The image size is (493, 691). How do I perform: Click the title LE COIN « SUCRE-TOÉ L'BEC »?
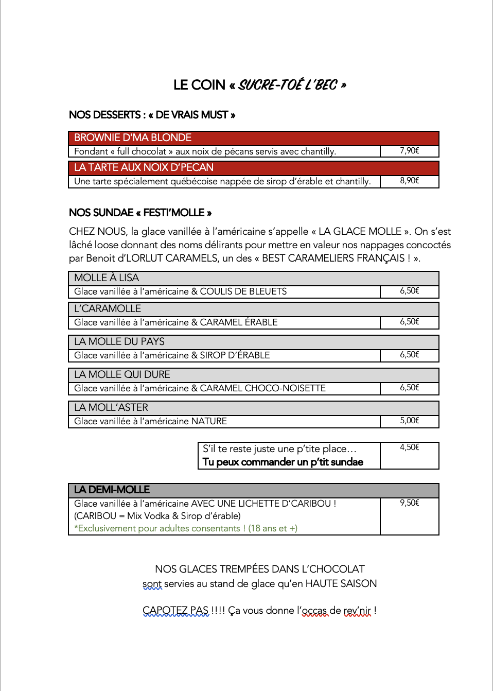tap(259, 85)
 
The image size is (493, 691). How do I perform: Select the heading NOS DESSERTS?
tap(104, 115)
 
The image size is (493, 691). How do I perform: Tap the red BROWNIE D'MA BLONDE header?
tap(133, 138)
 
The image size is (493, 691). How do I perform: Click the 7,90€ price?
tap(410, 151)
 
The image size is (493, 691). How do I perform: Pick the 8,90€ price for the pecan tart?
tap(410, 181)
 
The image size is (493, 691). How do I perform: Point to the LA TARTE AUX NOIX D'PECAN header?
tap(144, 168)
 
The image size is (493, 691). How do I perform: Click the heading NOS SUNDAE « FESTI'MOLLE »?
tap(140, 213)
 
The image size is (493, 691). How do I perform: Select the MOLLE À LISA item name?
tap(107, 278)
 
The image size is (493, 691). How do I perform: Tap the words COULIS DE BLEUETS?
tap(243, 291)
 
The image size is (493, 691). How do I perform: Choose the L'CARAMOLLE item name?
tap(108, 309)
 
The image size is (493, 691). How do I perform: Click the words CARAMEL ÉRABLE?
tap(239, 322)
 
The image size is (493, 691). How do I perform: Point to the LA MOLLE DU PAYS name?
tap(119, 342)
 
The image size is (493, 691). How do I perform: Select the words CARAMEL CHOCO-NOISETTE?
tap(262, 388)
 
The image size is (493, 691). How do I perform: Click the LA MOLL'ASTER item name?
tap(111, 408)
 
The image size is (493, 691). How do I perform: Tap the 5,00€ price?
tap(410, 421)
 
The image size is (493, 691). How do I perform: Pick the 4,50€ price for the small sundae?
tap(410, 447)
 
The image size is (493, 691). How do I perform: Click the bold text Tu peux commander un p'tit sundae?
tap(283, 462)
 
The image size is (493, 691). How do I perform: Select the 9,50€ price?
tap(410, 503)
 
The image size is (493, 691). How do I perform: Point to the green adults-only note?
tap(186, 528)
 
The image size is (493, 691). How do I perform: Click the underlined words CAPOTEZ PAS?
tap(175, 611)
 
